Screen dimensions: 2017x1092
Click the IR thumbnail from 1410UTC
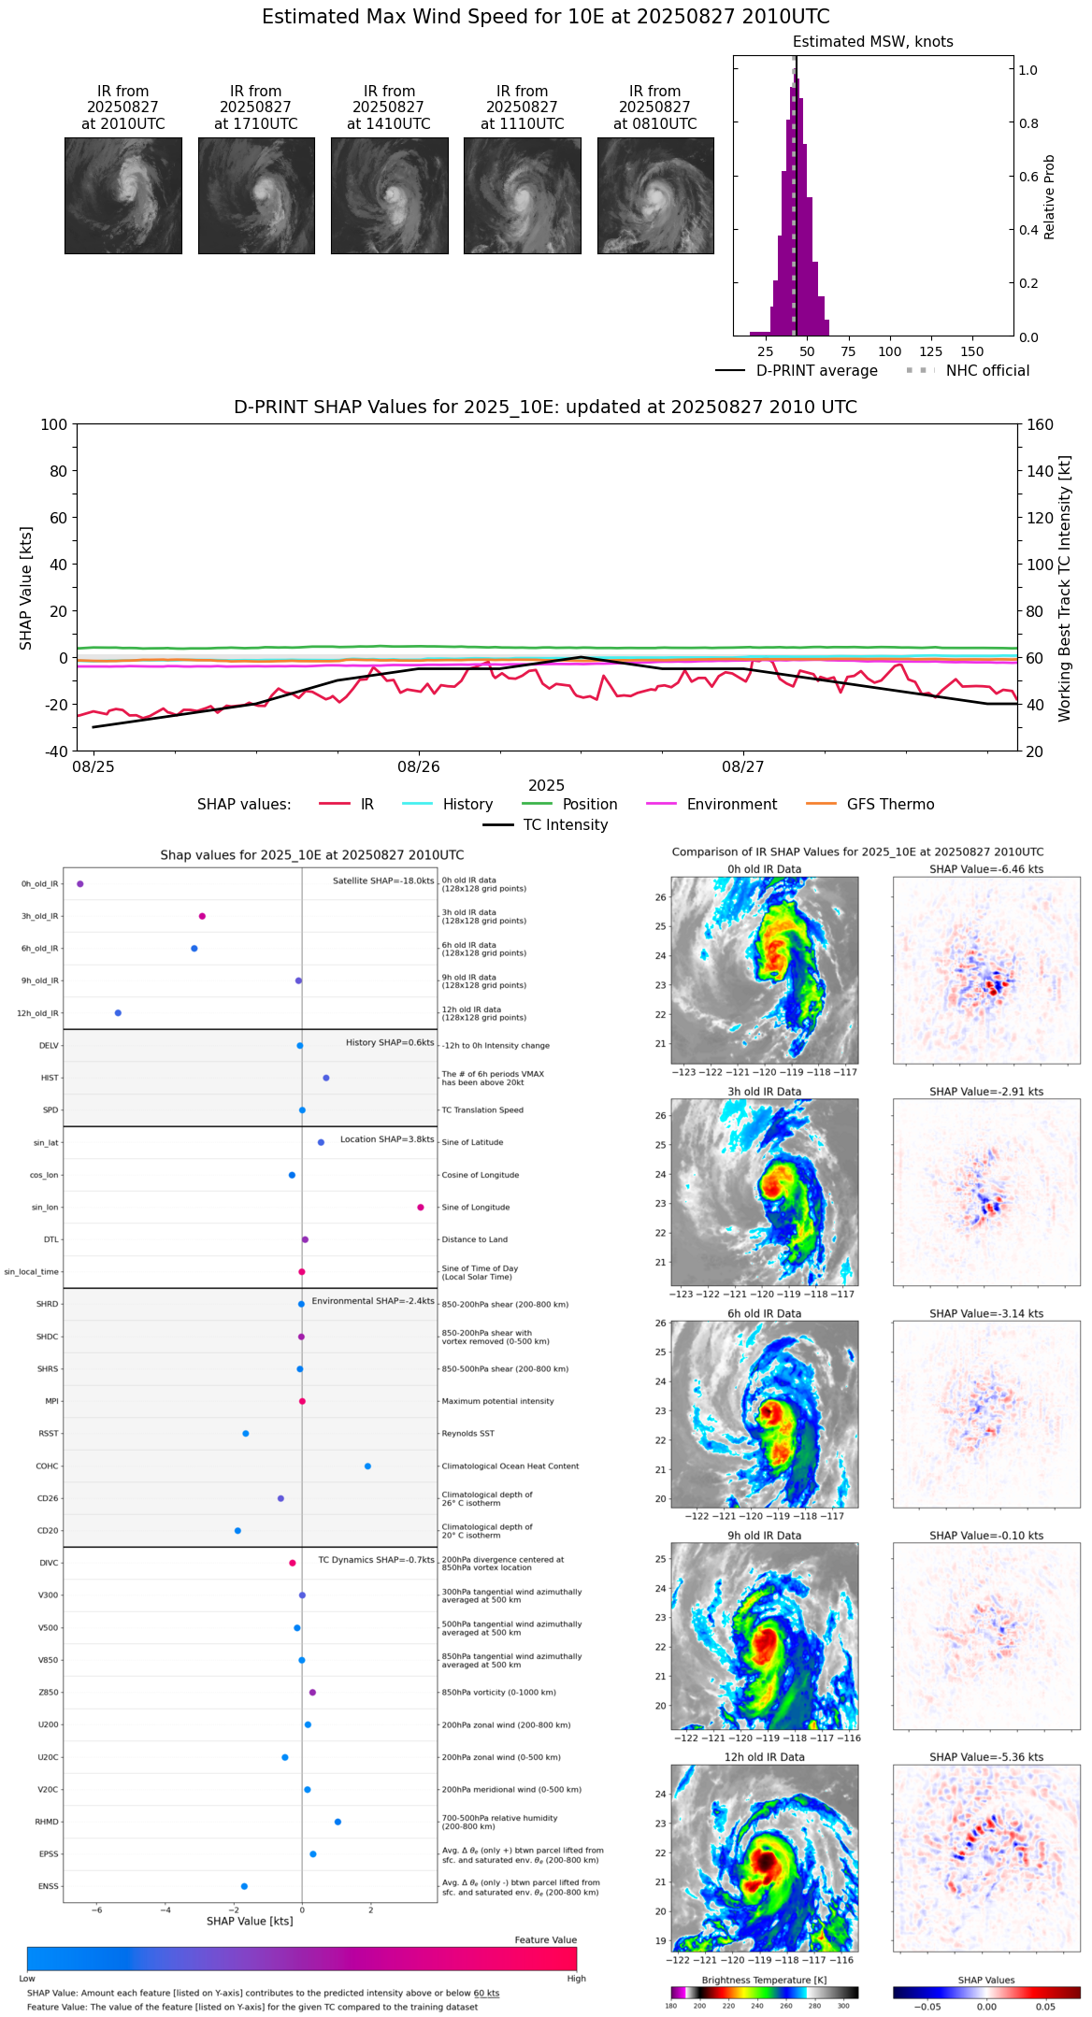[389, 195]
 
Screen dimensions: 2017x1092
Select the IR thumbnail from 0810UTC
[655, 195]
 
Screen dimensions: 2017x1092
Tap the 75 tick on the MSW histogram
[848, 351]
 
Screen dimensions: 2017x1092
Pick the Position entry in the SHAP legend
[589, 805]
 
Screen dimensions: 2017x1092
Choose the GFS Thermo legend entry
[890, 805]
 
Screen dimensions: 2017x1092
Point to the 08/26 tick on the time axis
[418, 767]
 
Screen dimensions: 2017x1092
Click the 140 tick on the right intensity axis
[1041, 471]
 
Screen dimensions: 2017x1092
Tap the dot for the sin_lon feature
[421, 1208]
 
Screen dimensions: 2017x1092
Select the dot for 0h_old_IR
[80, 884]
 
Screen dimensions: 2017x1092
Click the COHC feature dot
[367, 1466]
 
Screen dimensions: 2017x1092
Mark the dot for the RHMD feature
[338, 1822]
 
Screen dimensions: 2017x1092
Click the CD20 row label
[47, 1531]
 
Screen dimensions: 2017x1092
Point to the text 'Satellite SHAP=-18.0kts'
[383, 880]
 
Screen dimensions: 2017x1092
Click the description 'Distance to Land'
[475, 1240]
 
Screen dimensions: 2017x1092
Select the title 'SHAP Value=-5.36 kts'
[986, 1757]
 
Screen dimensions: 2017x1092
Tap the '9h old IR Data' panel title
[764, 1536]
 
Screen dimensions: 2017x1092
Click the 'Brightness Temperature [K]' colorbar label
[764, 1981]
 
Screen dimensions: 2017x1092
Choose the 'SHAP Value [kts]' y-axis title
[26, 588]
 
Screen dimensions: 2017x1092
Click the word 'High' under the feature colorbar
[576, 1979]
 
